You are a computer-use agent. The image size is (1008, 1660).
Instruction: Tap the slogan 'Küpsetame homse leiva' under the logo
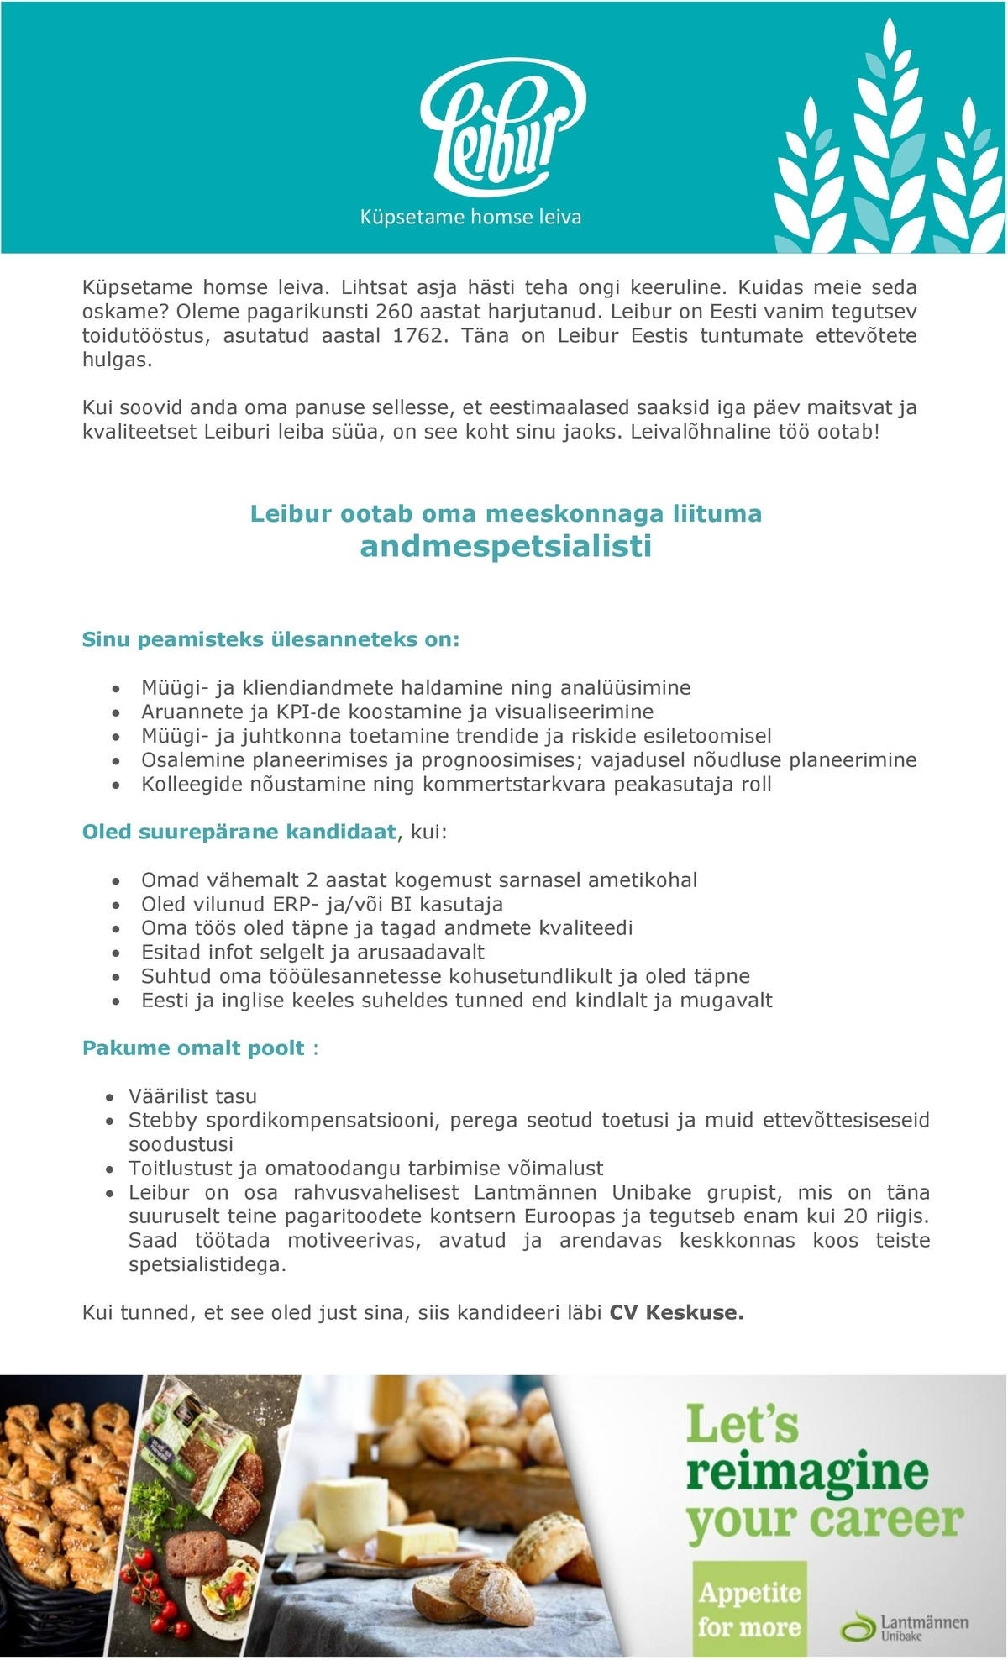(x=470, y=218)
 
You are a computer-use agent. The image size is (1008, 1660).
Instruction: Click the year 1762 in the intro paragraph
(x=417, y=336)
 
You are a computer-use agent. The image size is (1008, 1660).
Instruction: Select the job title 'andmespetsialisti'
(x=506, y=547)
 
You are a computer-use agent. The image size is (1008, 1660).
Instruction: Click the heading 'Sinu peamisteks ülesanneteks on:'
(x=270, y=640)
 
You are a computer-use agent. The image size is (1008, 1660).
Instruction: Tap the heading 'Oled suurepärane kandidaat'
(x=239, y=833)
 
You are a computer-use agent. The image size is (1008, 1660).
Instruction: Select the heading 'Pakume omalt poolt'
(x=193, y=1048)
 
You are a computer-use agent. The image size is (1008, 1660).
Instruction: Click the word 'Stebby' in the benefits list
(x=163, y=1121)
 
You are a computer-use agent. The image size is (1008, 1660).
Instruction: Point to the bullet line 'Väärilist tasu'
(x=192, y=1096)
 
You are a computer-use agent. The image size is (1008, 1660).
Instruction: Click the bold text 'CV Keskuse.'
(x=676, y=1313)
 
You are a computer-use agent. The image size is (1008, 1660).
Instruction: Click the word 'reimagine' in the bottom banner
(x=807, y=1472)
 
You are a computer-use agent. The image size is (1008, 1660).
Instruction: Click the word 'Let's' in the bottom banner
(x=742, y=1425)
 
